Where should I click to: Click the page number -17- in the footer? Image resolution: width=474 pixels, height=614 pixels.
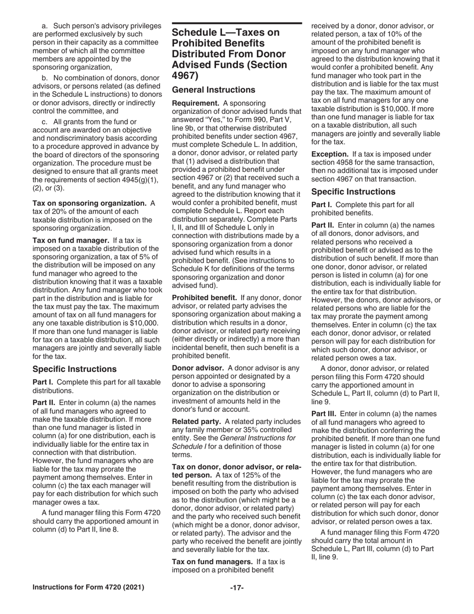click(237, 588)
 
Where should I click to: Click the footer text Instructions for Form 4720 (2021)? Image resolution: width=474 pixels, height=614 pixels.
click(88, 588)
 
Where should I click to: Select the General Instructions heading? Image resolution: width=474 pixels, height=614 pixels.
click(214, 90)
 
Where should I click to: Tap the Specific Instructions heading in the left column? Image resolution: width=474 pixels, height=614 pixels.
click(74, 369)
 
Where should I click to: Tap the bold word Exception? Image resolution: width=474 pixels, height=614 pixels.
click(330, 154)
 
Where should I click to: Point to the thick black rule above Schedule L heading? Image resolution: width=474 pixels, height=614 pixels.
click(237, 23)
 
